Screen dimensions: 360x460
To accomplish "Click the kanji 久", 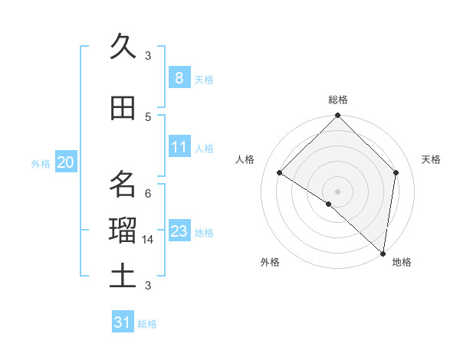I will point(123,46).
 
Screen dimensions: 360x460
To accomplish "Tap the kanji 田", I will point(123,108).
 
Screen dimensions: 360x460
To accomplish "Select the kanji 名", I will point(123,185).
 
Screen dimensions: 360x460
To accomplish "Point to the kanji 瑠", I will point(123,231).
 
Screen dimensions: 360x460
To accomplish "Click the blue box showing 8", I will point(179,77).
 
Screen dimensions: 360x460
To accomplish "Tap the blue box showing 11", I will point(179,147).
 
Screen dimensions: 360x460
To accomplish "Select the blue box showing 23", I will point(179,231).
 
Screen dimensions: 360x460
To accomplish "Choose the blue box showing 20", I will point(66,162).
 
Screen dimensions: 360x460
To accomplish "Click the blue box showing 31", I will point(123,322).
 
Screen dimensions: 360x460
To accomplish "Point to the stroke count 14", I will point(148,240).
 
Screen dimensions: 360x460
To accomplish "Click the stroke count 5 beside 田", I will point(148,116).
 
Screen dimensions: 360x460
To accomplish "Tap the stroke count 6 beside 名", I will point(148,193).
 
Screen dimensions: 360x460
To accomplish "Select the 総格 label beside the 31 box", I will point(147,324).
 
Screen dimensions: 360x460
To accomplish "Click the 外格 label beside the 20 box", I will point(41,163).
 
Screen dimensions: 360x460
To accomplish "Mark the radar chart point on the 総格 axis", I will point(337,116).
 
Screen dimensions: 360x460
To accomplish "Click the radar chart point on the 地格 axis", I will point(383,252).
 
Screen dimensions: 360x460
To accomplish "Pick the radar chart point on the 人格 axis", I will point(280,173).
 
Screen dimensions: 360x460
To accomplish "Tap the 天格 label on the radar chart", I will point(431,159).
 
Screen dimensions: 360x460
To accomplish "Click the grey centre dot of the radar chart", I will point(337,191).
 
